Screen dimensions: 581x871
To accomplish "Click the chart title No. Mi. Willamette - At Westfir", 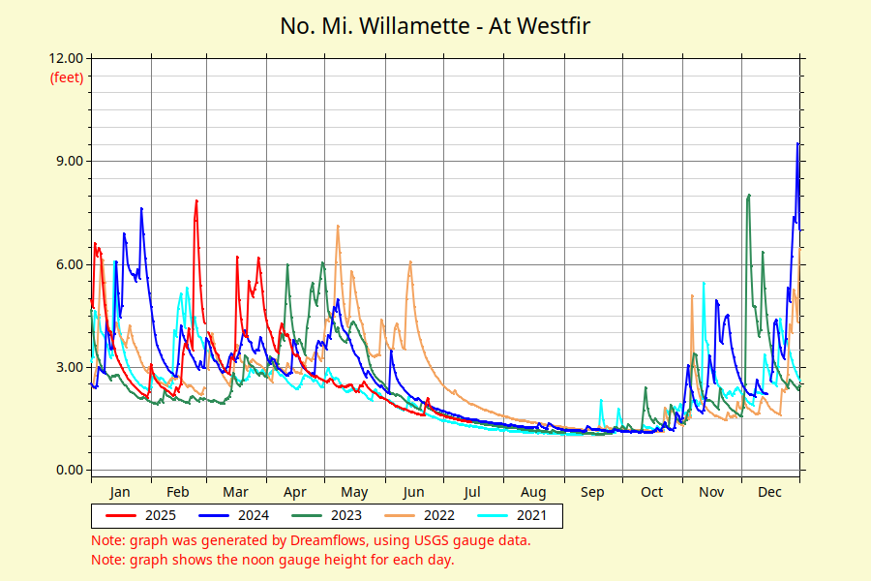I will point(435,25).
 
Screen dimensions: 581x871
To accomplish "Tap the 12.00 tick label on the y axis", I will point(65,58).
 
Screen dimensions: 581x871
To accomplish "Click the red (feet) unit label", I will point(67,76).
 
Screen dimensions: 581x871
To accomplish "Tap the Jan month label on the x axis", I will point(120,492).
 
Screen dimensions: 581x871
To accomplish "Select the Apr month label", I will point(296,492).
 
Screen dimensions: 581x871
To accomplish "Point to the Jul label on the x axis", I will point(473,492).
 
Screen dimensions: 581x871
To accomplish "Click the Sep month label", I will point(592,492).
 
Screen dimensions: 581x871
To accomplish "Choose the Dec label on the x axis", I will point(769,492).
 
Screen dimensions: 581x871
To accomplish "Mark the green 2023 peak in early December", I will point(749,195).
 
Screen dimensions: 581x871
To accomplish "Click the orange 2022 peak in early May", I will point(338,226).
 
